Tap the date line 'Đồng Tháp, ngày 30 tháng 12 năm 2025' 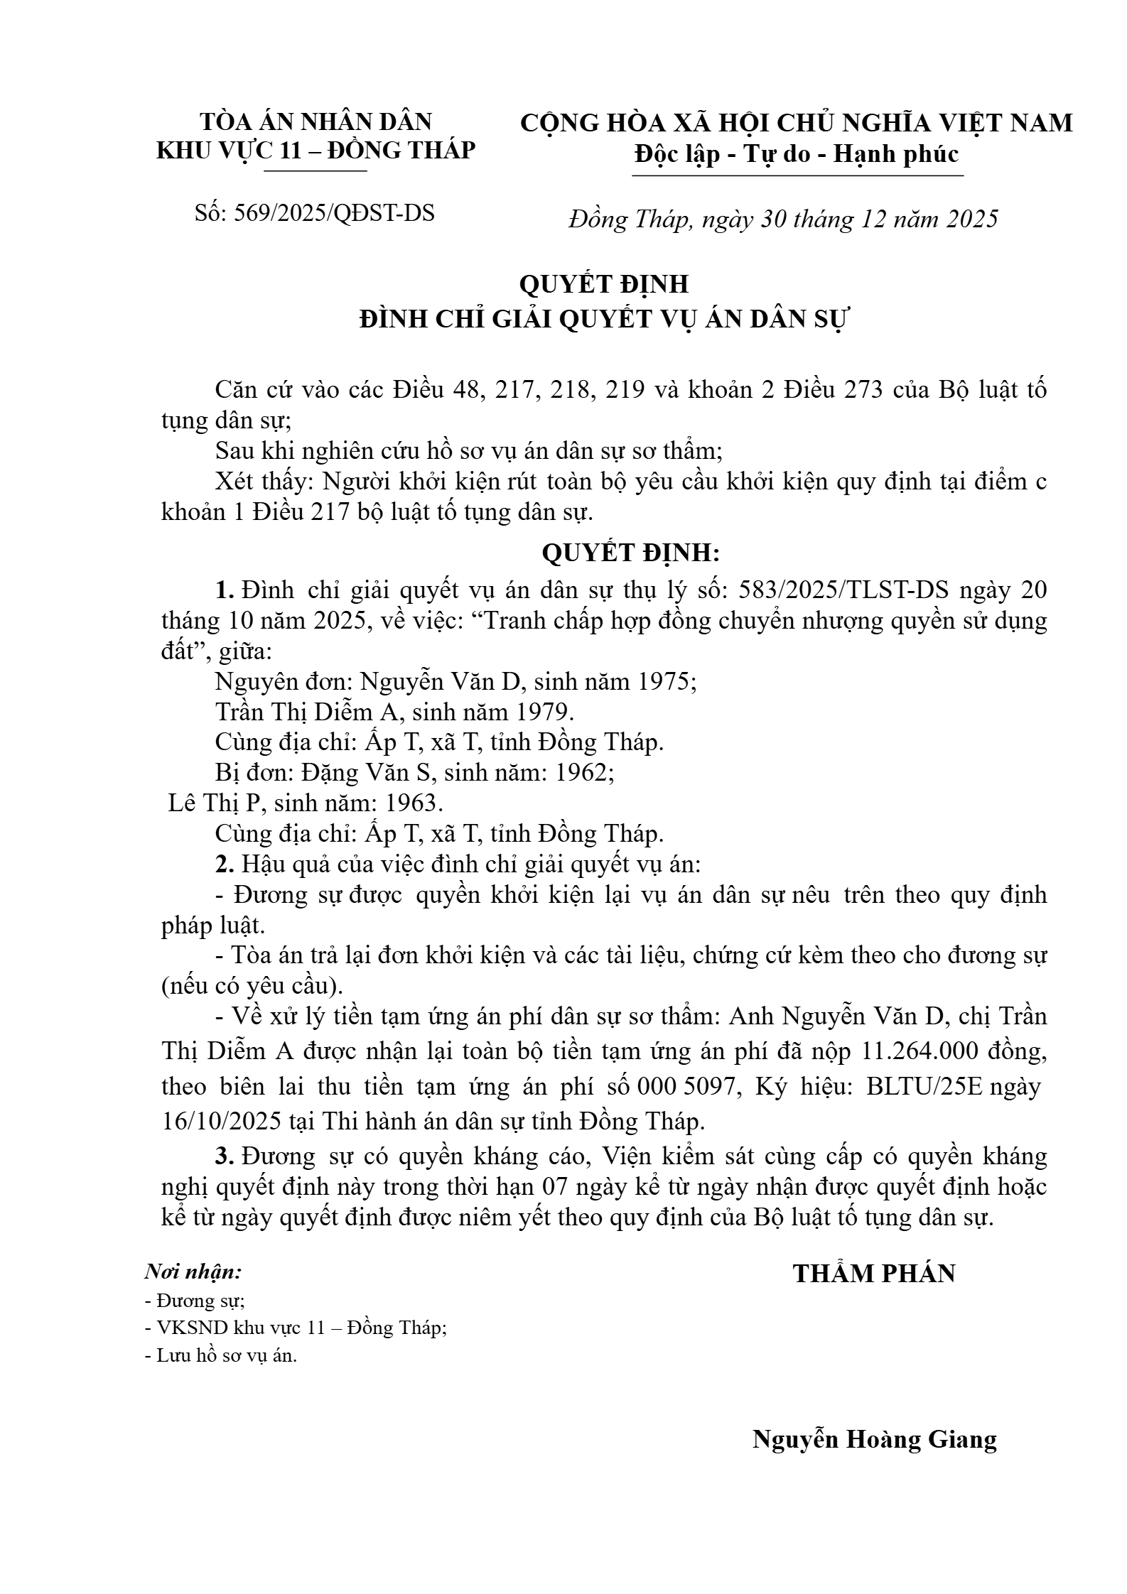point(783,219)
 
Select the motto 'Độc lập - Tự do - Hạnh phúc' point(797,154)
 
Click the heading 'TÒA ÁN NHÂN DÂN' point(316,121)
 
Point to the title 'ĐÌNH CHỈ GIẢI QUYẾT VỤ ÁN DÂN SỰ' point(604,319)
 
